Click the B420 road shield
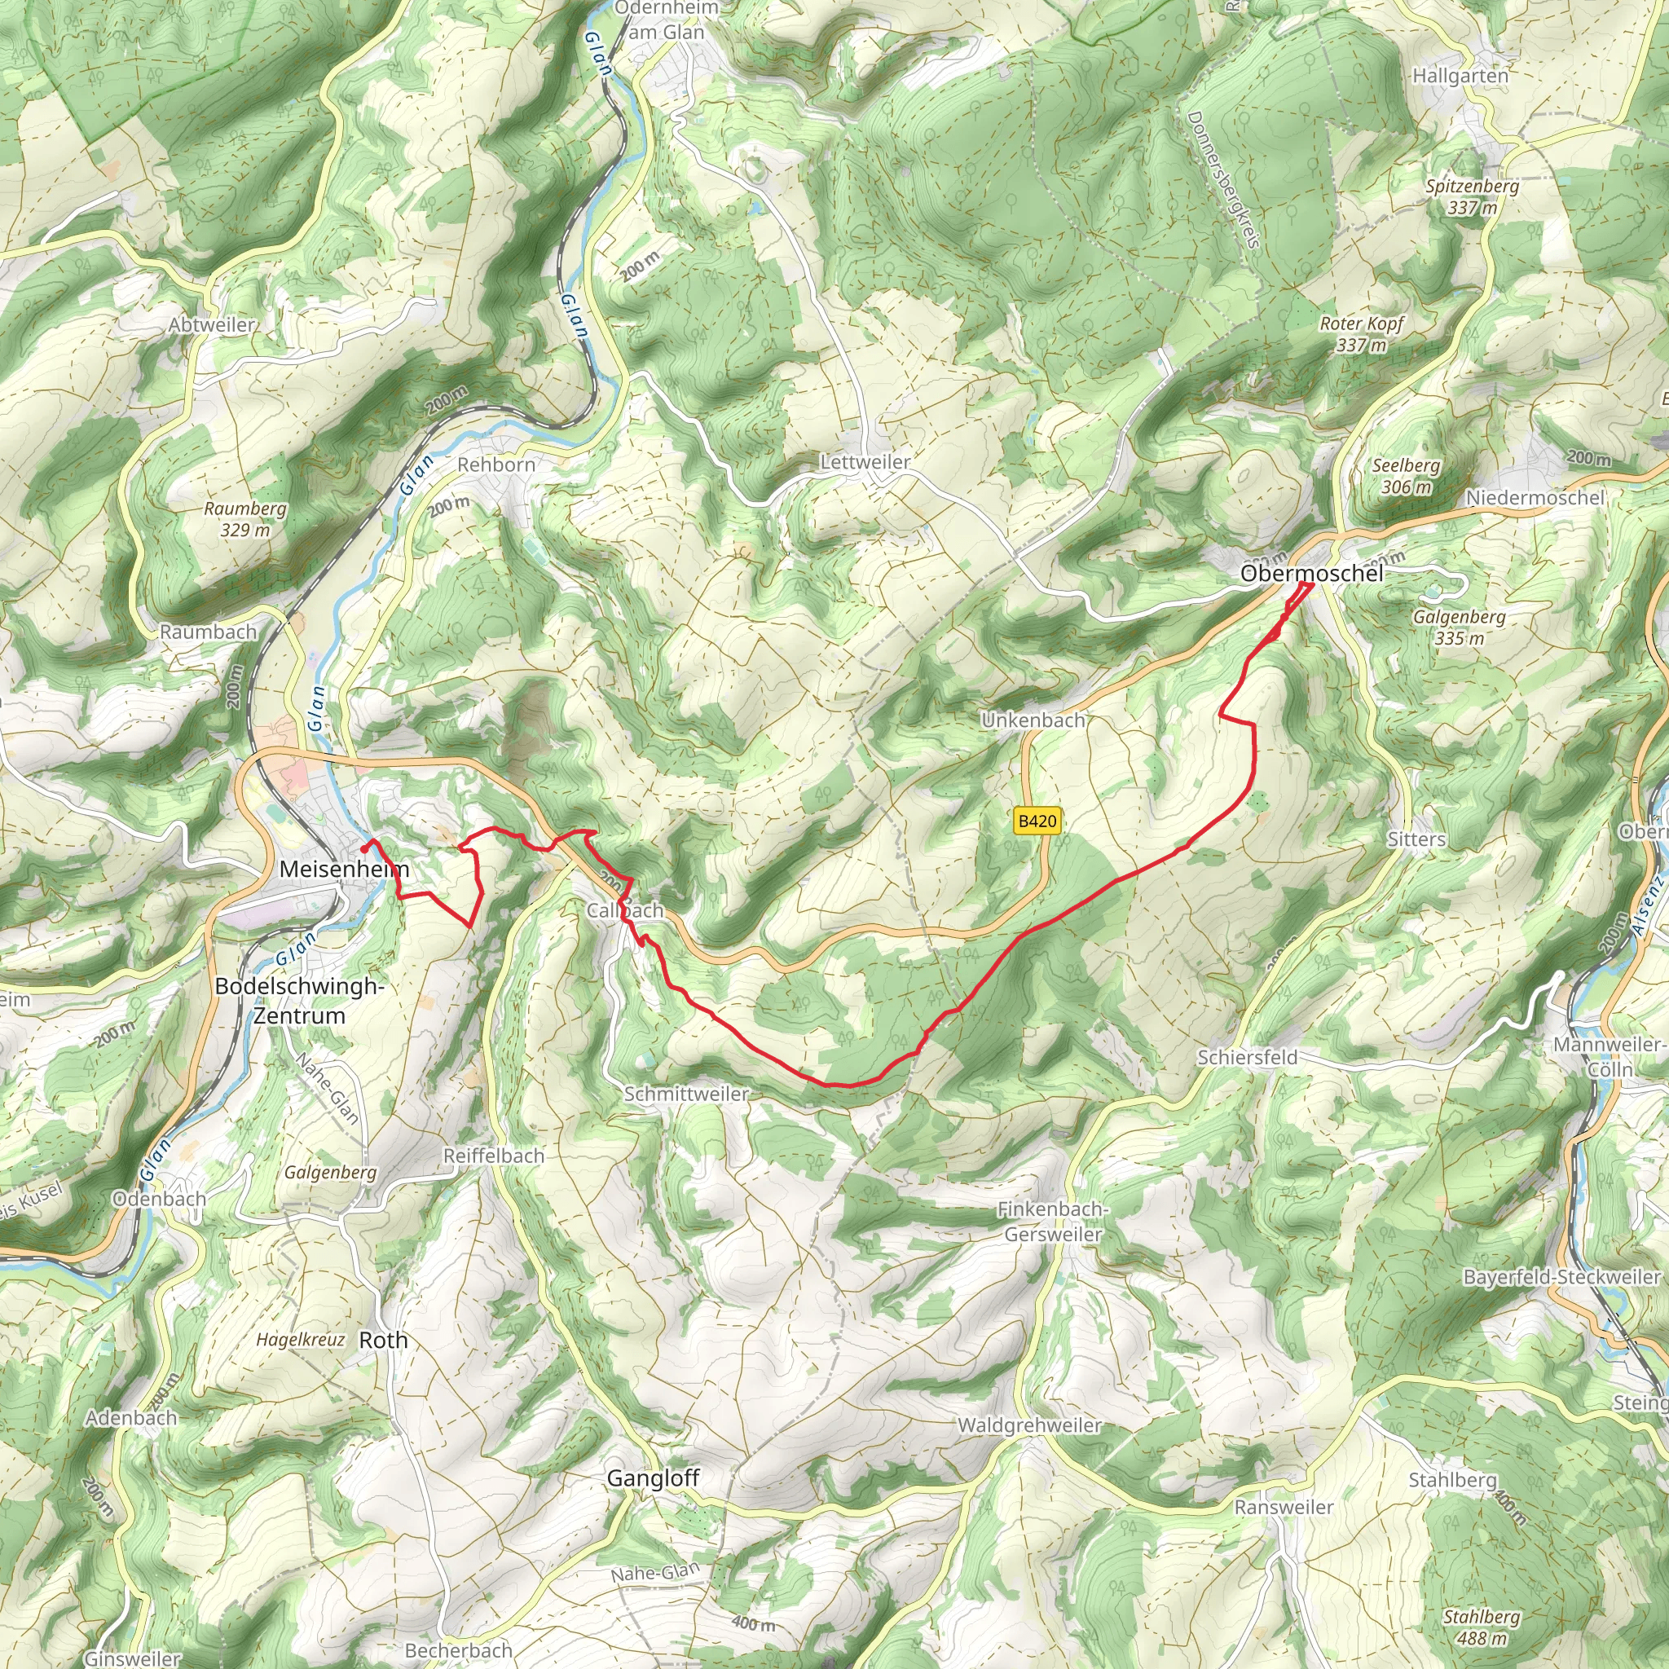pyautogui.click(x=1037, y=821)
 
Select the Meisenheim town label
pyautogui.click(x=344, y=868)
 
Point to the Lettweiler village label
pyautogui.click(x=865, y=462)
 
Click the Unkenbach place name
pyautogui.click(x=1033, y=720)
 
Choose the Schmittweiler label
pyautogui.click(x=686, y=1094)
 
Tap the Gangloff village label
pyautogui.click(x=652, y=1478)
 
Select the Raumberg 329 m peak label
pyautogui.click(x=245, y=519)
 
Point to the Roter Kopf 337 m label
pyautogui.click(x=1362, y=334)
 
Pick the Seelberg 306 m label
pyautogui.click(x=1407, y=476)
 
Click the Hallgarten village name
pyautogui.click(x=1460, y=76)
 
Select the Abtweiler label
pyautogui.click(x=212, y=326)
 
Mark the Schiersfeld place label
pyautogui.click(x=1247, y=1057)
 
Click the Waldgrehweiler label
pyautogui.click(x=1029, y=1425)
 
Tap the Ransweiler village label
pyautogui.click(x=1284, y=1508)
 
